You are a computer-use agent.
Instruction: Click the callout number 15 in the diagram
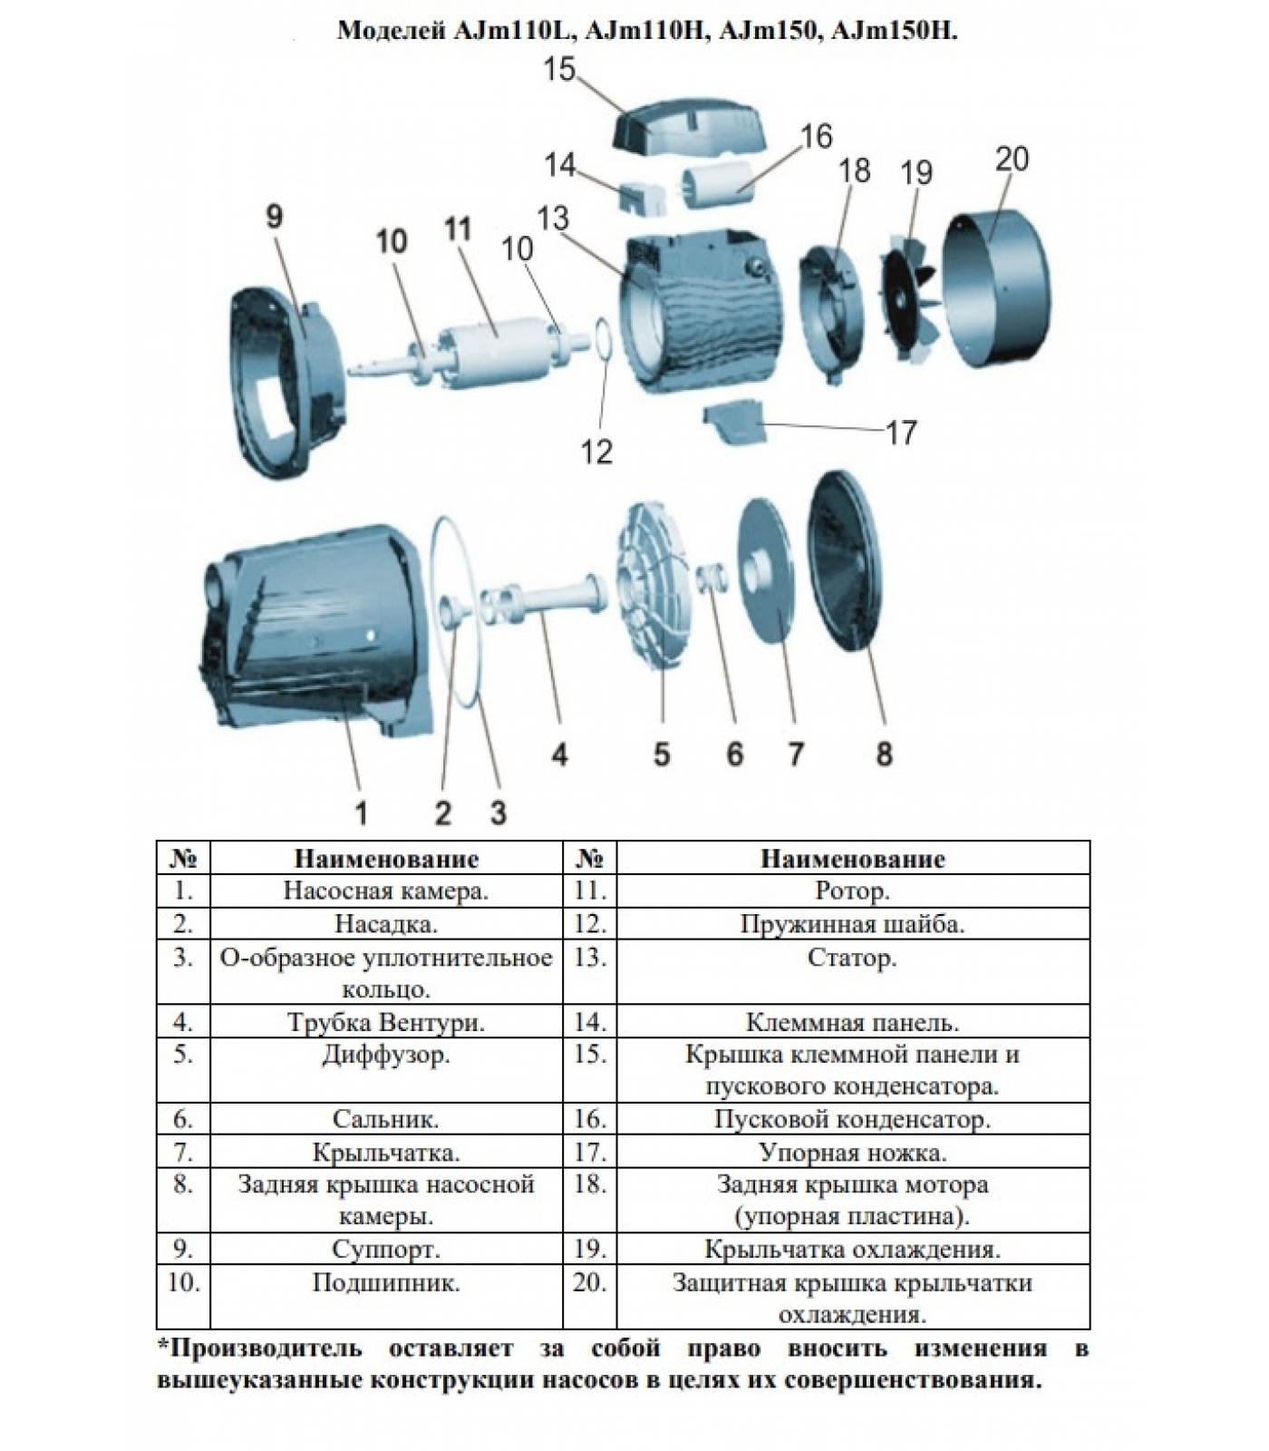(559, 70)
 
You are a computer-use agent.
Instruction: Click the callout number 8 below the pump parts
(884, 753)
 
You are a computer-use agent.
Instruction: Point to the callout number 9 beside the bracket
(274, 218)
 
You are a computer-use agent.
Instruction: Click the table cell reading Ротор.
(852, 891)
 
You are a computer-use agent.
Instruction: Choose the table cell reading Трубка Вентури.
(386, 1022)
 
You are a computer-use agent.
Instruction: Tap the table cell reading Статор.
(852, 958)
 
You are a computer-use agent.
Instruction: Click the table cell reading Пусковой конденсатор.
(852, 1119)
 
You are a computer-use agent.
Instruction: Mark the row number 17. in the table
(590, 1153)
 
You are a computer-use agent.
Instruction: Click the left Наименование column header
(386, 858)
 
